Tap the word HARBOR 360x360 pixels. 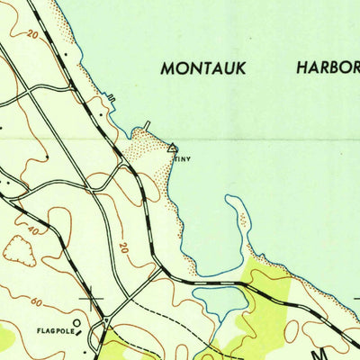coord(327,67)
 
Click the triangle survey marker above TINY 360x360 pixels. coord(172,148)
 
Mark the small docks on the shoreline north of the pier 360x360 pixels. coord(111,96)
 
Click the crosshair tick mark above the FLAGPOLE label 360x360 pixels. coord(91,297)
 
